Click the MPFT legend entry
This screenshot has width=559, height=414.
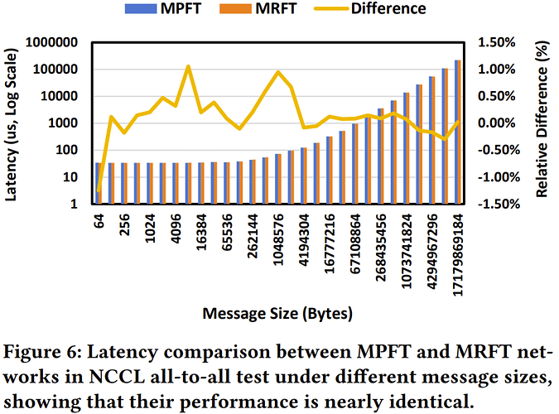[x=189, y=10]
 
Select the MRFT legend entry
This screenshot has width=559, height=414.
[x=277, y=10]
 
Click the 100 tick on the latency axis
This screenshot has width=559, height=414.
[x=67, y=151]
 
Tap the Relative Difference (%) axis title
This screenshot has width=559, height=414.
[x=542, y=123]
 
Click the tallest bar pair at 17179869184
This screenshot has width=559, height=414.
[x=459, y=132]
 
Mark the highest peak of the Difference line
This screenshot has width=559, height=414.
[x=189, y=66]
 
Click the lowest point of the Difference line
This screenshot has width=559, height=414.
[x=99, y=192]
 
